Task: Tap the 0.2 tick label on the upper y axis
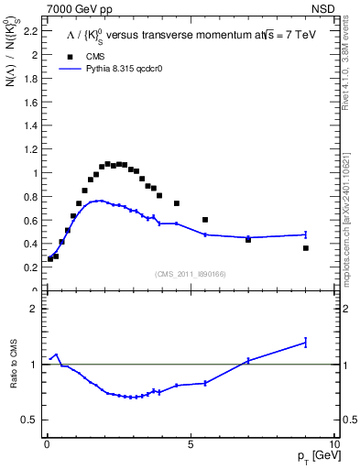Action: pyautogui.click(x=29, y=267)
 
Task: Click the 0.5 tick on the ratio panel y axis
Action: pyautogui.click(x=29, y=420)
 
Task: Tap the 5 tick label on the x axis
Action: pyautogui.click(x=191, y=443)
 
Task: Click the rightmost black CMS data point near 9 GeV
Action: pyautogui.click(x=306, y=248)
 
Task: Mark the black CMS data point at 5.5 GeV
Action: pyautogui.click(x=205, y=220)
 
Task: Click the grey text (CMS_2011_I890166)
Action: pyautogui.click(x=190, y=273)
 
